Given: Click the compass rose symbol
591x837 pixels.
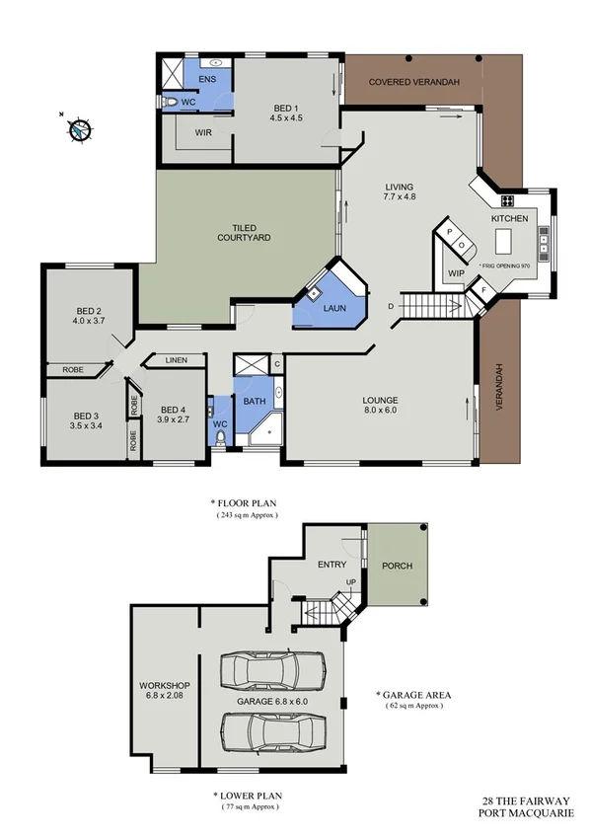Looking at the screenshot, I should tap(77, 128).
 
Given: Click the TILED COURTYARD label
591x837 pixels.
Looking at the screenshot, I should tap(244, 233).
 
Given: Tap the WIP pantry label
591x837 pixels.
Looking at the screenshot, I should tap(456, 273).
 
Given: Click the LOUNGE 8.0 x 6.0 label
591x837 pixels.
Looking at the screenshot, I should tap(380, 405).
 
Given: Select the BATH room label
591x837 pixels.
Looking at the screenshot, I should tap(255, 401).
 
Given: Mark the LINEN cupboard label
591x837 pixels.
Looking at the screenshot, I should tap(177, 360).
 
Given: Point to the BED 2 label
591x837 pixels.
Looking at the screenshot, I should tap(89, 316).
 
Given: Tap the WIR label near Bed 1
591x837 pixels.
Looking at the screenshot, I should tap(203, 131).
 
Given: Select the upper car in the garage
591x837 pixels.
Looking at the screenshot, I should tap(270, 671).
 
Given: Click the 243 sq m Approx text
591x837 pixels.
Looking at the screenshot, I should tap(247, 515).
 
